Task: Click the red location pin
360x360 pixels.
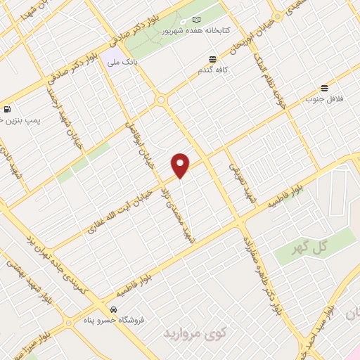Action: click(181, 165)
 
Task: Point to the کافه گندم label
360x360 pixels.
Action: click(213, 72)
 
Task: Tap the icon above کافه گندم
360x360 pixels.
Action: click(213, 60)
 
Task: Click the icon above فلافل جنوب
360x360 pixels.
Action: click(324, 89)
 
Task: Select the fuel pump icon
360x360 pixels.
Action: click(7, 109)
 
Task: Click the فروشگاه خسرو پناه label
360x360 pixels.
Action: click(113, 320)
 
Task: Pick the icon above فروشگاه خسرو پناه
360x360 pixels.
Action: click(113, 309)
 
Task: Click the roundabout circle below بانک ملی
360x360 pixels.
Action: click(162, 101)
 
